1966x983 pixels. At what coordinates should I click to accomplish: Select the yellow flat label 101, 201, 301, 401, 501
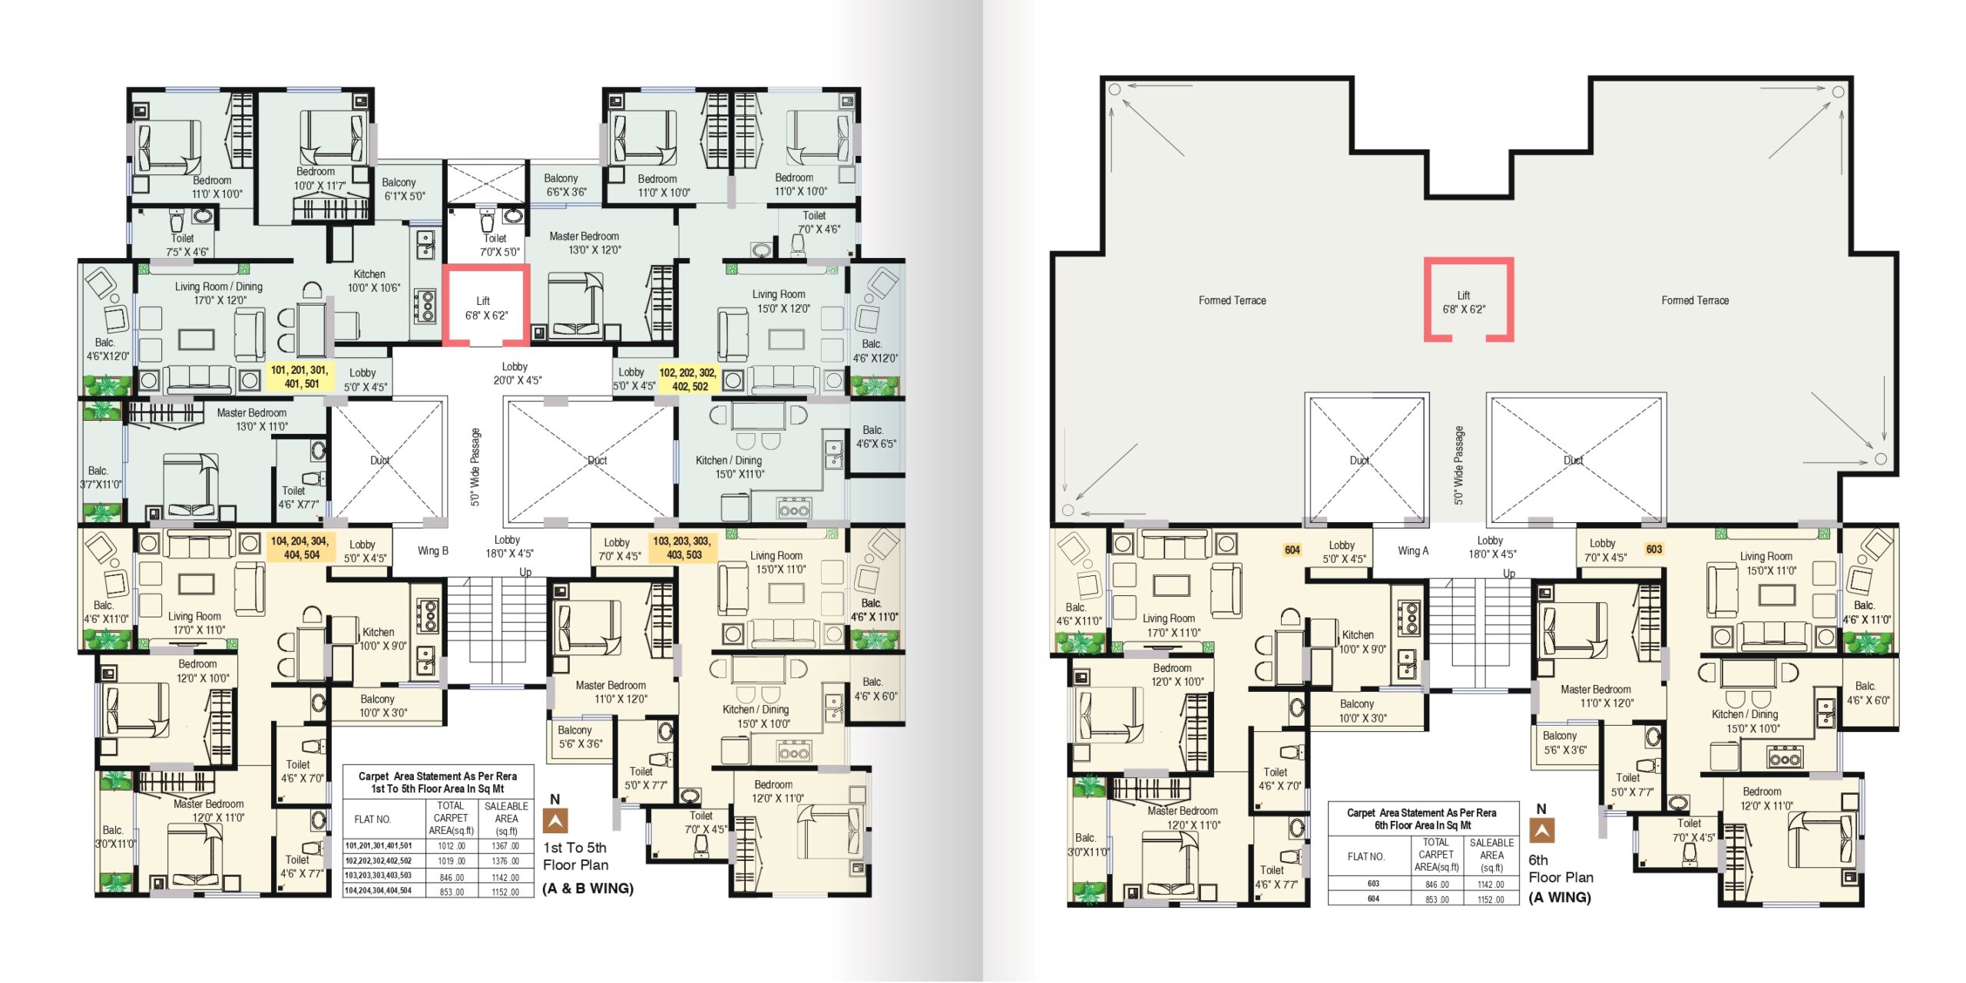click(x=300, y=376)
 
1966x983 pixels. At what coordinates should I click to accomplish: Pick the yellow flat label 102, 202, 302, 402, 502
click(x=688, y=379)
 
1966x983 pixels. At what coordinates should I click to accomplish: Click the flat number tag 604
click(x=1292, y=550)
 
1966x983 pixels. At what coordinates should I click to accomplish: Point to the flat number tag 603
click(x=1654, y=549)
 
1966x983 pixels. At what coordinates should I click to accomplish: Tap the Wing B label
click(x=433, y=551)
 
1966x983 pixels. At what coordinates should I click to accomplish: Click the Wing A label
click(x=1413, y=551)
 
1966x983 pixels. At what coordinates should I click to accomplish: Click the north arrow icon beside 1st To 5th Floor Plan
click(x=555, y=821)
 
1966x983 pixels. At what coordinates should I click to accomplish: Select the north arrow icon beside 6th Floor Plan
click(x=1541, y=831)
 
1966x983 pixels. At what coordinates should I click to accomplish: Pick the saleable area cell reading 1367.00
click(x=505, y=846)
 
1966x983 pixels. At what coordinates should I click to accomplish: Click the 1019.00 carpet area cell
click(x=452, y=862)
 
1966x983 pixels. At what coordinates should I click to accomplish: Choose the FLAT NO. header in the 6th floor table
click(x=1366, y=856)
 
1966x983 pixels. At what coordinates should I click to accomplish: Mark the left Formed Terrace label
click(x=1233, y=300)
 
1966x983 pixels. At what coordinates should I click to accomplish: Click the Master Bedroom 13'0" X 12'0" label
click(x=584, y=243)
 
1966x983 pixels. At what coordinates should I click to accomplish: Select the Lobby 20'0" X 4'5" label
click(x=515, y=373)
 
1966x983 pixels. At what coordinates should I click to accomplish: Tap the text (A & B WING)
click(x=588, y=889)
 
